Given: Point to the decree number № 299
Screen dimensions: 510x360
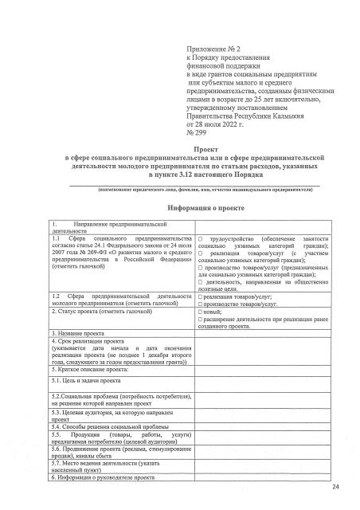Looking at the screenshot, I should click(x=196, y=134).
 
